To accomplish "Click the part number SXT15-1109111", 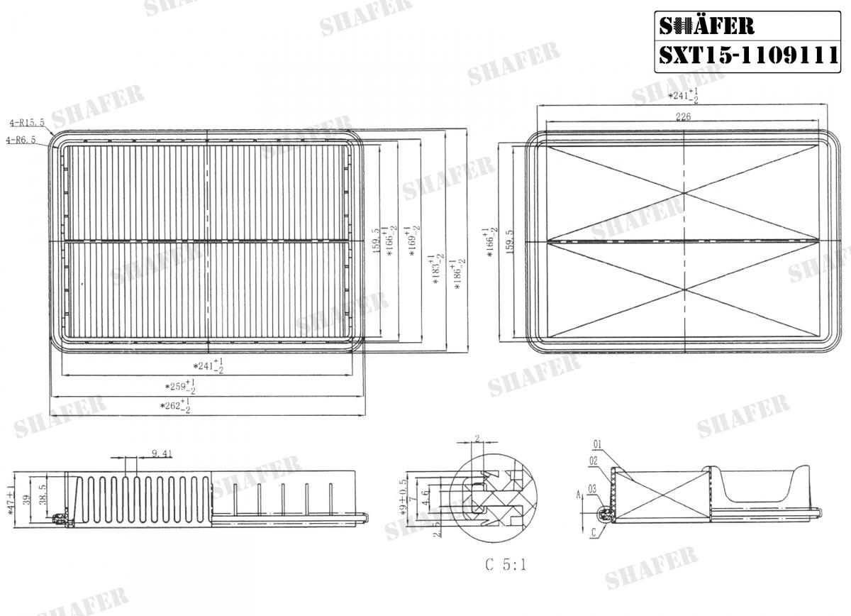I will coord(749,56).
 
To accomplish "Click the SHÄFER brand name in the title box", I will coord(706,26).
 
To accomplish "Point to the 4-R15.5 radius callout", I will coord(27,123).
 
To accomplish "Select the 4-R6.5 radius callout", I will coord(21,141).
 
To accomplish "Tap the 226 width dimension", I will coord(683,118).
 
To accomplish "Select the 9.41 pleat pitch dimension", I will coord(162,453).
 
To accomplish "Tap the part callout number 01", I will coord(596,445).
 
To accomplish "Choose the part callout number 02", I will coord(592,460).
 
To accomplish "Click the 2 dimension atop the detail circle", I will coord(478,438).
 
